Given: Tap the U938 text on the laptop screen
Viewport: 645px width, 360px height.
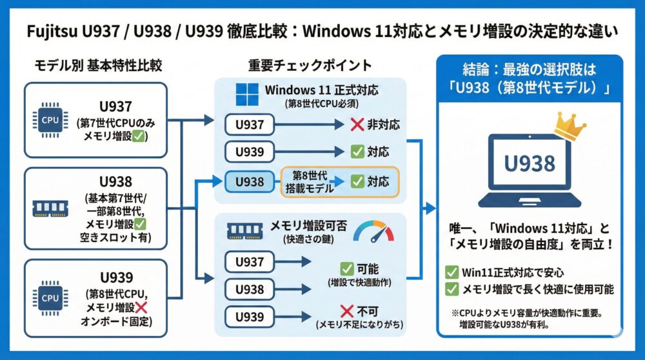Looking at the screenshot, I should (529, 163).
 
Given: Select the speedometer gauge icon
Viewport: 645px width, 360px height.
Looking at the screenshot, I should (373, 231).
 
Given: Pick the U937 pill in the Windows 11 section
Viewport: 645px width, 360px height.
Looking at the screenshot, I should (249, 125).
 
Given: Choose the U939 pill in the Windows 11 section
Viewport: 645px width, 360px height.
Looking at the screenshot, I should (249, 153).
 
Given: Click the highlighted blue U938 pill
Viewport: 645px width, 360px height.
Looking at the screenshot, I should (249, 182).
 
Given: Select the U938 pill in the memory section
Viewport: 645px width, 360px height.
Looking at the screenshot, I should (249, 290).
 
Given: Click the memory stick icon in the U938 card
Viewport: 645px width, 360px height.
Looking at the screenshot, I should (51, 208).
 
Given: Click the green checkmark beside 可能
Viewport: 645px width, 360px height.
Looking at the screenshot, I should (346, 268).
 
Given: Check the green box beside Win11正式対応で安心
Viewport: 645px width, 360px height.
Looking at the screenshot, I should (452, 272).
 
